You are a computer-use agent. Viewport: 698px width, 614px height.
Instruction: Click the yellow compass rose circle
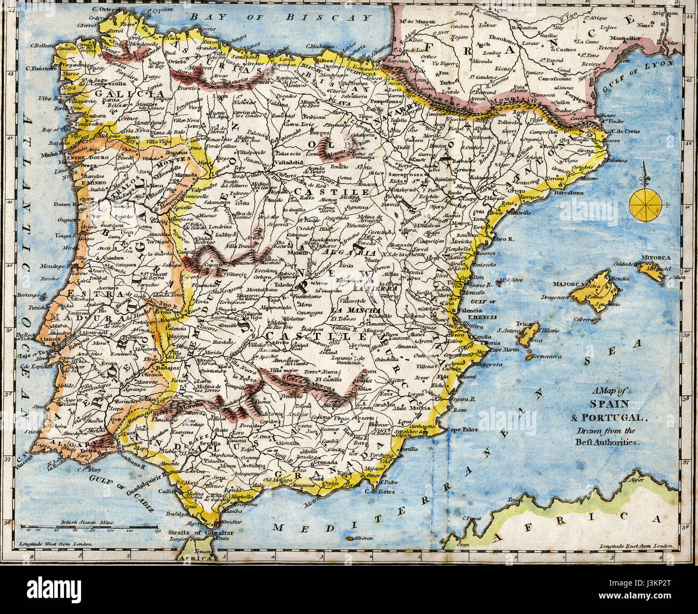point(645,204)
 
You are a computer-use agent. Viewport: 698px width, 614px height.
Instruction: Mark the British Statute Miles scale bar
point(90,529)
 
